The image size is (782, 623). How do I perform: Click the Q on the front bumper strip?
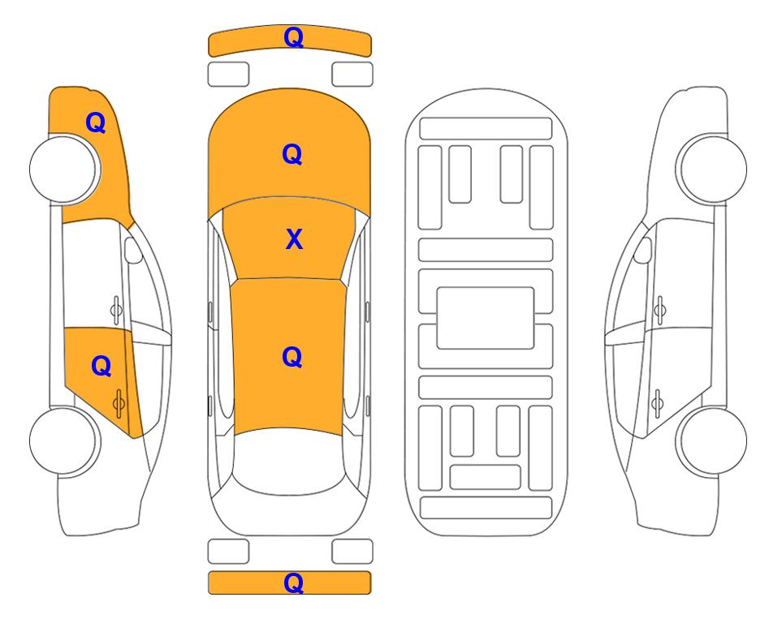(293, 37)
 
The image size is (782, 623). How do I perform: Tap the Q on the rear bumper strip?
(293, 582)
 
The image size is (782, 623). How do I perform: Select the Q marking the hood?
(292, 154)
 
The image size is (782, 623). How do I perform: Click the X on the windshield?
(294, 238)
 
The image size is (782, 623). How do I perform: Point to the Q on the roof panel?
(292, 357)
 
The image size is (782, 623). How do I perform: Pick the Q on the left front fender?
(96, 122)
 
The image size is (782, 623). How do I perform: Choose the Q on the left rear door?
(102, 366)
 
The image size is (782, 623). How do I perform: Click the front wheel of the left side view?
(64, 169)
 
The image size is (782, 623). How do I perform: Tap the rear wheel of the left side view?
(64, 441)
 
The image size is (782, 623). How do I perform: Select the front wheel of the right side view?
(711, 169)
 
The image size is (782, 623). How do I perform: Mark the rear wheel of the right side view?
(712, 441)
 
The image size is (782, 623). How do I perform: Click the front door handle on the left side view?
(116, 310)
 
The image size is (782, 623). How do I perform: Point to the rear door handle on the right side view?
(658, 403)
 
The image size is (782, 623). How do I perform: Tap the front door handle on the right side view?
(660, 310)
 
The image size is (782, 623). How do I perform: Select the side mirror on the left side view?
(132, 250)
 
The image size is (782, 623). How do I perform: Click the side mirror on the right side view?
(643, 250)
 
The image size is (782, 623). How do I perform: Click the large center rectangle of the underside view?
(486, 318)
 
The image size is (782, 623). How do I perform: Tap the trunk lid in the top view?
(289, 513)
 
